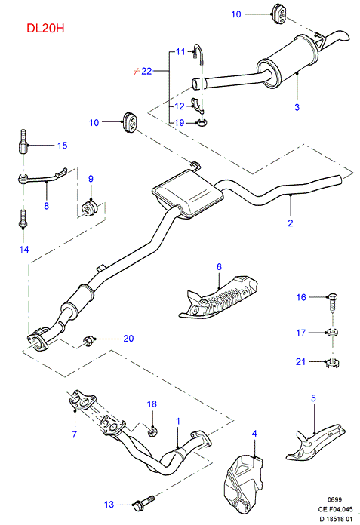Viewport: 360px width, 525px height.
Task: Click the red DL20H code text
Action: click(45, 28)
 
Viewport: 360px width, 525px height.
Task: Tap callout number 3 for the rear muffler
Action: click(297, 107)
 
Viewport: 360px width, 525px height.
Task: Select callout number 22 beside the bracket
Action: click(146, 71)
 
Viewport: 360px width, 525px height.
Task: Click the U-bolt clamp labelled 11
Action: click(198, 54)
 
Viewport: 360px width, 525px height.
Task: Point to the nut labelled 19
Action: click(202, 123)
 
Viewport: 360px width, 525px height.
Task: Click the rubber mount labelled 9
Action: click(89, 207)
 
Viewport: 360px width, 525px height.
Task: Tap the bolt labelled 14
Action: click(23, 219)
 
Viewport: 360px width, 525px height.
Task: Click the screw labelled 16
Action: click(332, 302)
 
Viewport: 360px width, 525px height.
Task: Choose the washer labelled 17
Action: click(332, 333)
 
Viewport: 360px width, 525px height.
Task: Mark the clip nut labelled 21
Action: click(333, 363)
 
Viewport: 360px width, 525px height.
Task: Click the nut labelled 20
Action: click(89, 340)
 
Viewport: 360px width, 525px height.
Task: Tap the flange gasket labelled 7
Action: click(82, 400)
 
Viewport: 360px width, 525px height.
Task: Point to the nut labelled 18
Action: click(152, 430)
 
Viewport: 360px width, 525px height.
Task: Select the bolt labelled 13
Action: click(143, 503)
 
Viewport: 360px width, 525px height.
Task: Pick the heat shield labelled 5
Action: click(315, 442)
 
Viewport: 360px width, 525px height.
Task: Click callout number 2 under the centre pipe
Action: click(291, 223)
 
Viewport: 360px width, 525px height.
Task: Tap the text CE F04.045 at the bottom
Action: click(335, 509)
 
